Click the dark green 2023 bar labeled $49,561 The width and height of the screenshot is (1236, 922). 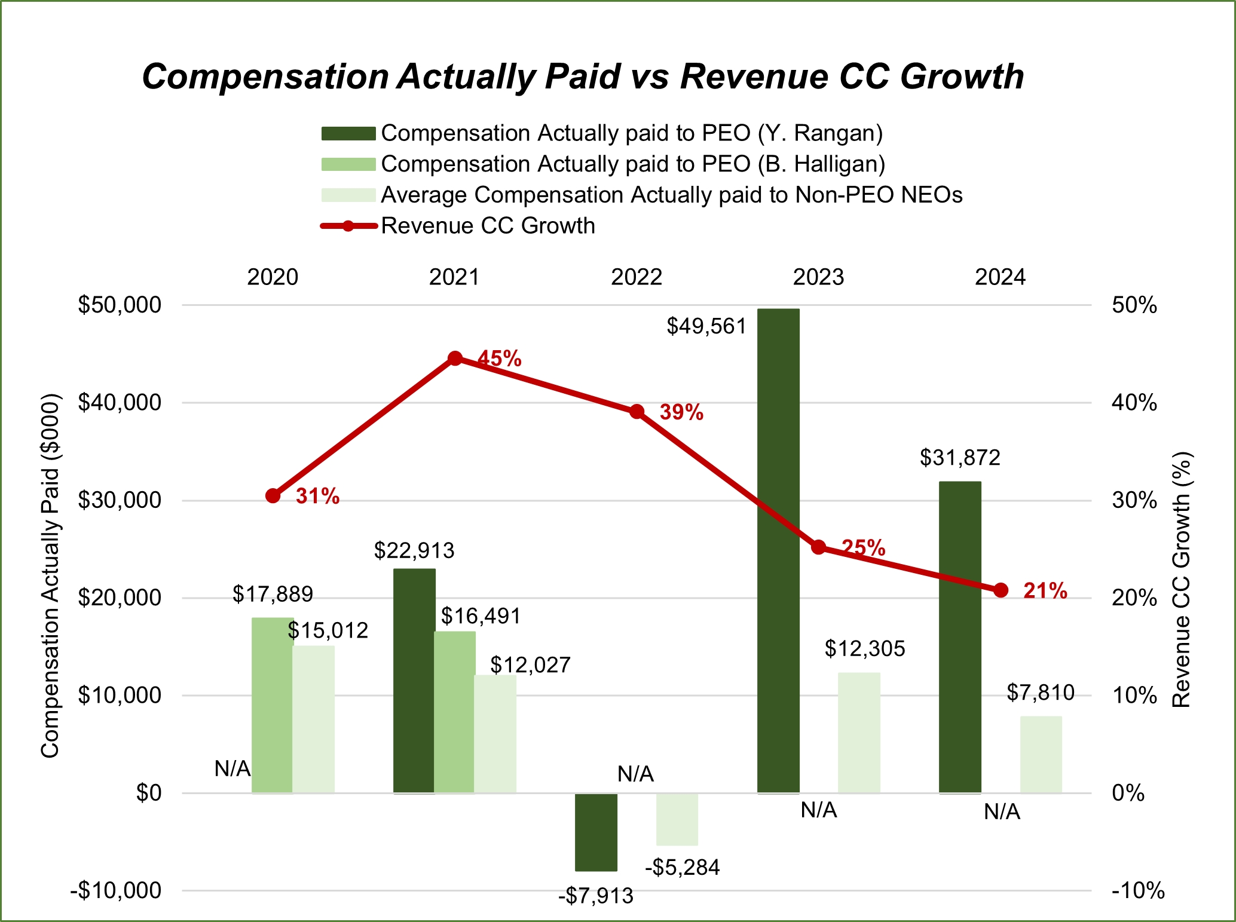(778, 550)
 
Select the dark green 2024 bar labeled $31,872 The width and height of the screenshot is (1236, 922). (960, 636)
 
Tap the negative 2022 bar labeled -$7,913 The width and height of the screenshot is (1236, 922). (596, 832)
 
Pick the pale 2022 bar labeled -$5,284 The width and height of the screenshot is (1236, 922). (677, 819)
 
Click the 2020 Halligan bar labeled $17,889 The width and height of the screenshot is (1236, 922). (272, 705)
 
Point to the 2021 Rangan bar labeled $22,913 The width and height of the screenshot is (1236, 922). (414, 681)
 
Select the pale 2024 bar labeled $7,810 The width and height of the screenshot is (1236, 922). (1041, 754)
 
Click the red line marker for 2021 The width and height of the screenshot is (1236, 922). (455, 359)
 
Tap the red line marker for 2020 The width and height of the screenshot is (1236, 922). (273, 495)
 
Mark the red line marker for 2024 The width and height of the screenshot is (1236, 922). (1001, 590)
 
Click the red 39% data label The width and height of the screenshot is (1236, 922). (681, 412)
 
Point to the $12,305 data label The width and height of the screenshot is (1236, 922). (865, 648)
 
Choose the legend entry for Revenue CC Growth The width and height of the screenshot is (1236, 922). (488, 226)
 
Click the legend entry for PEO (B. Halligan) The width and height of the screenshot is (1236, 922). (632, 164)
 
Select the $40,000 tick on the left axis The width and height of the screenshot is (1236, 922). (120, 403)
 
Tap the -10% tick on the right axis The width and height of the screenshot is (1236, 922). (1138, 890)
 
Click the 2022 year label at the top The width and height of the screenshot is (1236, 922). (637, 277)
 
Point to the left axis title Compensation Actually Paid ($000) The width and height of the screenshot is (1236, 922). (50, 575)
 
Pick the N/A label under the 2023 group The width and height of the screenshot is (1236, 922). (819, 810)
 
